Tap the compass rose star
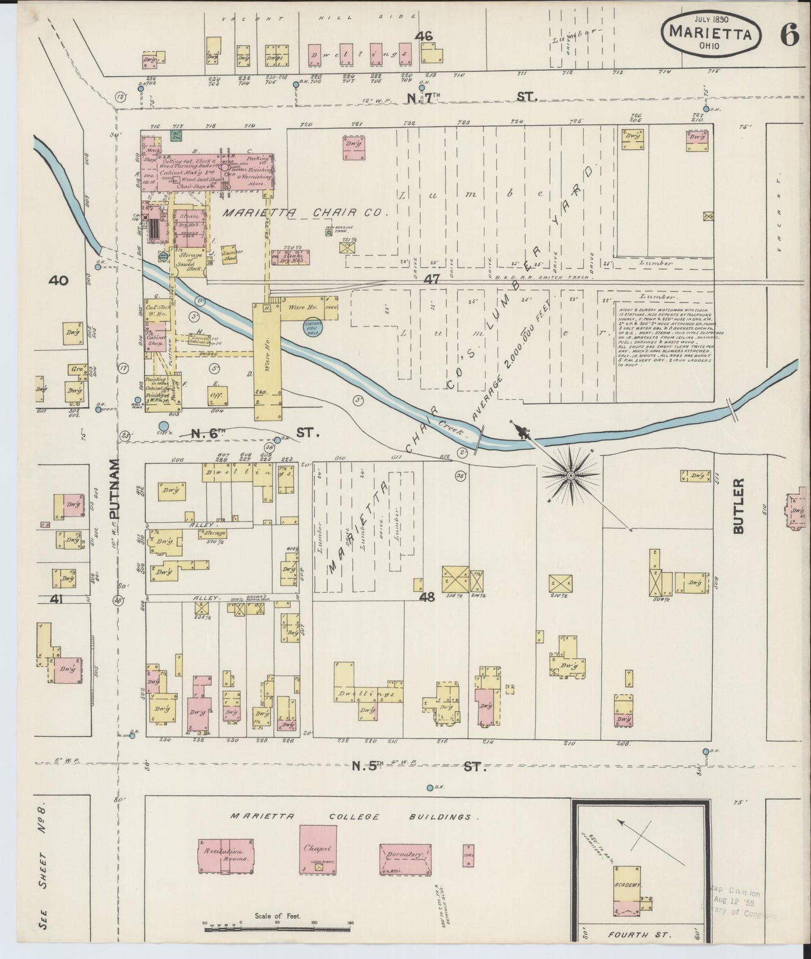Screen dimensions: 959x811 pyautogui.click(x=571, y=476)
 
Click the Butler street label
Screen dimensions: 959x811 pyautogui.click(x=738, y=506)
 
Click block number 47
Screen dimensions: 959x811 pyautogui.click(x=431, y=279)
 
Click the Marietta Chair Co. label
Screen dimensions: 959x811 pyautogui.click(x=305, y=213)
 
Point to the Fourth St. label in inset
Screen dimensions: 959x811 pyautogui.click(x=640, y=935)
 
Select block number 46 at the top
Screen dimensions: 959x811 pyautogui.click(x=424, y=36)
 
